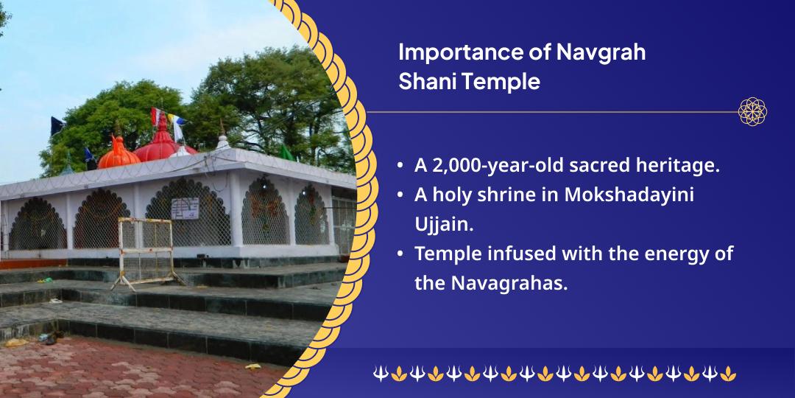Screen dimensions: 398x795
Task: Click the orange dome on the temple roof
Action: [x=119, y=154]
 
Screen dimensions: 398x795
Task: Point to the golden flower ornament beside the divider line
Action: [x=753, y=111]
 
